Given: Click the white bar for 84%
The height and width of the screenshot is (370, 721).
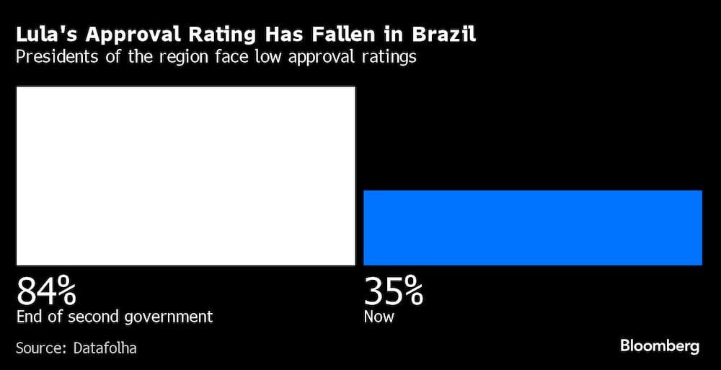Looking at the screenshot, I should click(185, 176).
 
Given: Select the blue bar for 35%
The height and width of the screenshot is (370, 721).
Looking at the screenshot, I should click(533, 228).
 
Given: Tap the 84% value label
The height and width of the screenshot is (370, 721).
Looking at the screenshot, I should click(47, 291).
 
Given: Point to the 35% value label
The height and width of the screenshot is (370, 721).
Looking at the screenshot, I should click(394, 291).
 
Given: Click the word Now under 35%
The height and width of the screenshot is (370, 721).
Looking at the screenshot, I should click(379, 317).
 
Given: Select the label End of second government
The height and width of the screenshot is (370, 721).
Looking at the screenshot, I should click(115, 317).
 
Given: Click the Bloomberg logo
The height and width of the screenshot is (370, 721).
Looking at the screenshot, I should click(660, 346).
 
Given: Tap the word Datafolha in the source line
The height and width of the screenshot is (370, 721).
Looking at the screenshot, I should click(105, 348).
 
